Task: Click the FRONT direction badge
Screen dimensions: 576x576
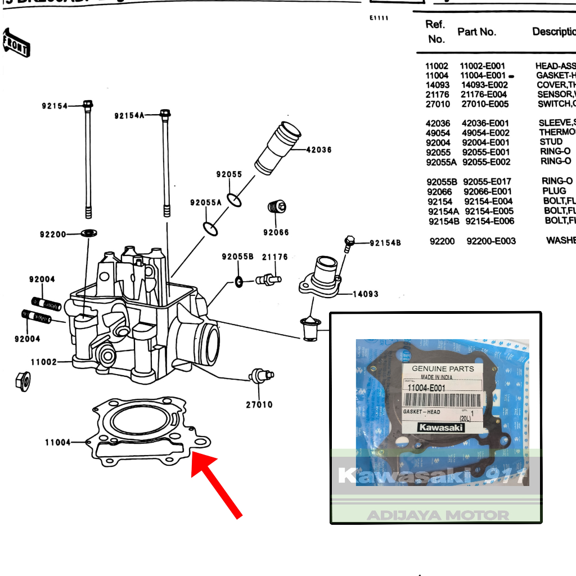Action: click(16, 44)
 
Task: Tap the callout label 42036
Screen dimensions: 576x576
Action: click(318, 150)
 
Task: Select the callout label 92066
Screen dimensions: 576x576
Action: click(276, 232)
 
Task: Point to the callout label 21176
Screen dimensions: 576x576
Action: click(274, 257)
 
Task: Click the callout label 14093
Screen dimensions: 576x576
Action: click(365, 294)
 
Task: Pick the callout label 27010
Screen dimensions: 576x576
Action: click(259, 404)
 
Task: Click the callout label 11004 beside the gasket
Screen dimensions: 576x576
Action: click(58, 443)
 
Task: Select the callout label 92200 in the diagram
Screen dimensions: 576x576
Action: click(53, 234)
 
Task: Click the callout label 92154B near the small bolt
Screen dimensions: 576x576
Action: click(385, 243)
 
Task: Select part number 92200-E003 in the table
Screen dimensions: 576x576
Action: click(491, 241)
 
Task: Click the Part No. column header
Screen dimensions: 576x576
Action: click(476, 32)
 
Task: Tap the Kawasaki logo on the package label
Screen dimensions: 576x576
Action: click(441, 427)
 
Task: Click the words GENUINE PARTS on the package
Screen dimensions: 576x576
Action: click(443, 369)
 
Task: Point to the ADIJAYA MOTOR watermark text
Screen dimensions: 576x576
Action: click(438, 515)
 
